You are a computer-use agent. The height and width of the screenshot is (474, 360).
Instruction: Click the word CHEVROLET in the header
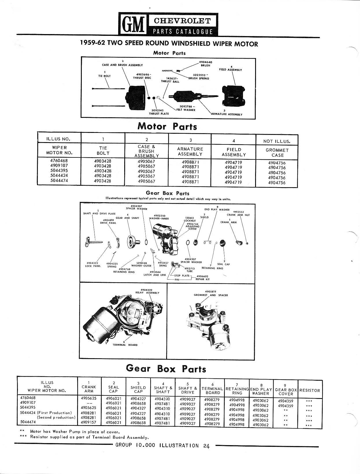click(x=183, y=21)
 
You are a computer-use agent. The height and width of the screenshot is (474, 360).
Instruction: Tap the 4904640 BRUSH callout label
click(x=206, y=64)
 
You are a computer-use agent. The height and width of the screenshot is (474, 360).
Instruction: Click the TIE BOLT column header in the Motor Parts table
click(x=103, y=150)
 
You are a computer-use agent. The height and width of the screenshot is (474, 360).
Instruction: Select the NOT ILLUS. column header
click(x=277, y=141)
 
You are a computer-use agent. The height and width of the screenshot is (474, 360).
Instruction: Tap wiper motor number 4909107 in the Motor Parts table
click(x=59, y=166)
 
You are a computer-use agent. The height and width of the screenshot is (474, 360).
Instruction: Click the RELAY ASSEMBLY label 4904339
click(x=147, y=291)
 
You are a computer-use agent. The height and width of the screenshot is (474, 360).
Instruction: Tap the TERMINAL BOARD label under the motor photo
click(x=125, y=345)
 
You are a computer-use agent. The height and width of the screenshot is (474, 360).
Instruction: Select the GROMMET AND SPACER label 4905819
click(x=211, y=293)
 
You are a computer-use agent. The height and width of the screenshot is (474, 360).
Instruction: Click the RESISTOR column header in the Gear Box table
click(x=310, y=390)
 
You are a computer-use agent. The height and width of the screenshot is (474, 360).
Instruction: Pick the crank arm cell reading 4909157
click(x=89, y=422)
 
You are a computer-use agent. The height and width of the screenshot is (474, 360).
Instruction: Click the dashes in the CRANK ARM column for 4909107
click(x=89, y=403)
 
